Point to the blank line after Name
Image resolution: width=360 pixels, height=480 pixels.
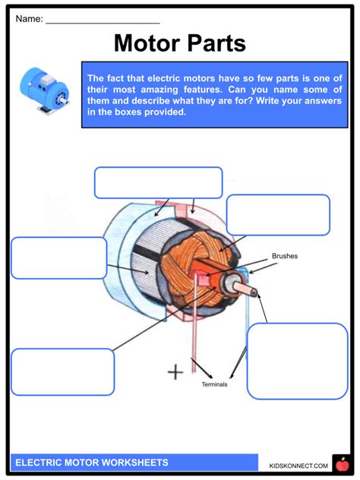102,21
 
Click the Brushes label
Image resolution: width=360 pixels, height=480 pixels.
285,257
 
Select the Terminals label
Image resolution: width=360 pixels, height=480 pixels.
214,384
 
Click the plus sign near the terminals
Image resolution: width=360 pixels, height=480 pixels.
175,372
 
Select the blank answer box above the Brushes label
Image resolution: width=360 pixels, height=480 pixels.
278,215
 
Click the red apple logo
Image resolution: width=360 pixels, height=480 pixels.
341,463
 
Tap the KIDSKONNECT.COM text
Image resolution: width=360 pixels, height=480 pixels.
298,465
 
